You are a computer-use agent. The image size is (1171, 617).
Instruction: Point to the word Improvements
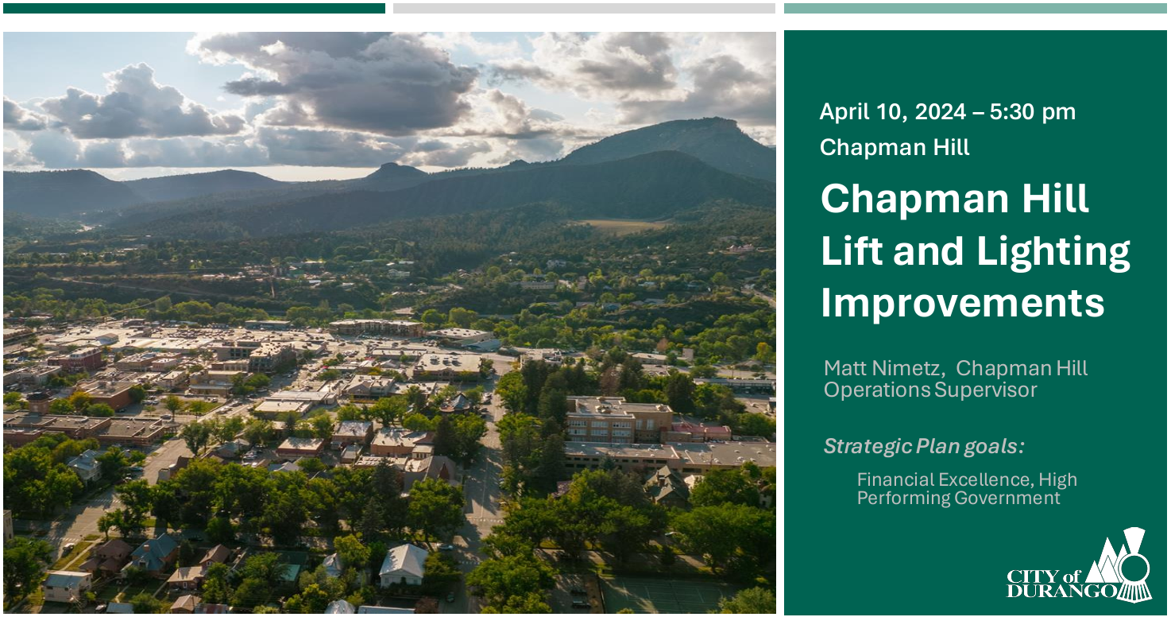tap(962, 303)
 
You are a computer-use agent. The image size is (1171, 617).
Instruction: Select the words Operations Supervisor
tap(930, 390)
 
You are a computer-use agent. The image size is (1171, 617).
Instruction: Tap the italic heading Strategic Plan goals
tap(923, 447)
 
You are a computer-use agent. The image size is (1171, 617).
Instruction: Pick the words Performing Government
tap(958, 499)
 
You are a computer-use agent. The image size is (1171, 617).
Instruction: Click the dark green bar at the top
tap(194, 8)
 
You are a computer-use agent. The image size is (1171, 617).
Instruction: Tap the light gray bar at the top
tap(584, 8)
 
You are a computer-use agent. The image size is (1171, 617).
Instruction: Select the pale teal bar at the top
tap(975, 8)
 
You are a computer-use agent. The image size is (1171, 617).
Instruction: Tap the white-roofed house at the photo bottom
tap(404, 563)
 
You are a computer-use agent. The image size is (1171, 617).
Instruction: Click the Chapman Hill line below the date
tap(895, 148)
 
